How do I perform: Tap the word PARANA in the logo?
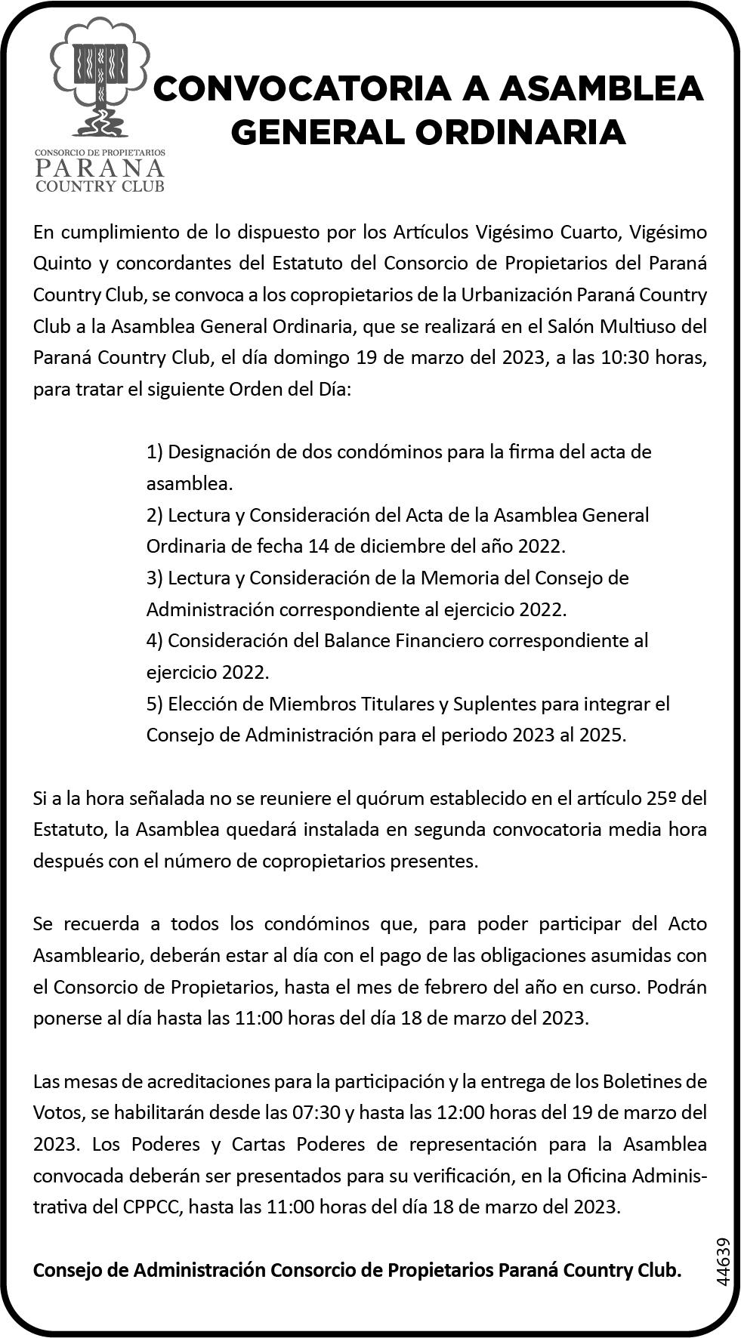pos(100,166)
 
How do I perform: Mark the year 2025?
pos(601,735)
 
